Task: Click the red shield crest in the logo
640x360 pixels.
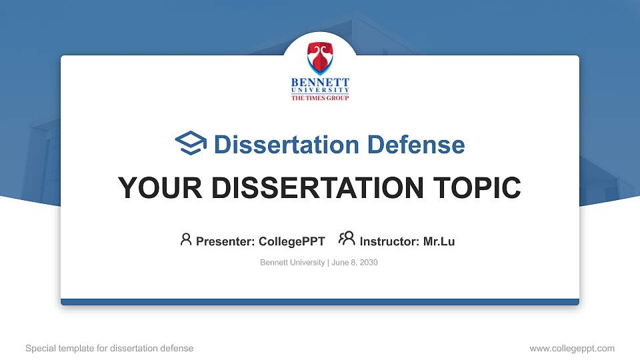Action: pos(320,58)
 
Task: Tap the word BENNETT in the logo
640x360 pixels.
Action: pos(320,82)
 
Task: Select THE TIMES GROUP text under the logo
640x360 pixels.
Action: pos(320,97)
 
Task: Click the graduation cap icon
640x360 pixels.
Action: pos(191,143)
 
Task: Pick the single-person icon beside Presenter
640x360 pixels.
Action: pos(186,239)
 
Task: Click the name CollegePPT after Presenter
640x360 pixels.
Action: pos(291,241)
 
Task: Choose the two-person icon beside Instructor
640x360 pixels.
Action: pos(347,239)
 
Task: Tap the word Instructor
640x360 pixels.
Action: pos(389,241)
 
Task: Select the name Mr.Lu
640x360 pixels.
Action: pos(439,241)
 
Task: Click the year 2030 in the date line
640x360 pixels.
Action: pos(369,263)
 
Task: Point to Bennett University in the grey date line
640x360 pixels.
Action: pos(292,263)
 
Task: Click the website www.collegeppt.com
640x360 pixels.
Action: pos(572,348)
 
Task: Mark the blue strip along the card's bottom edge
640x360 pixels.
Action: pos(320,302)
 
